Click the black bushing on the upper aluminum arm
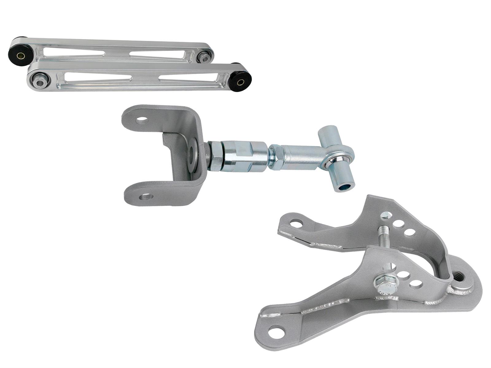point(21,56)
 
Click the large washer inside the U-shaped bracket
point(193,153)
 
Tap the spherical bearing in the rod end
point(337,160)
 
